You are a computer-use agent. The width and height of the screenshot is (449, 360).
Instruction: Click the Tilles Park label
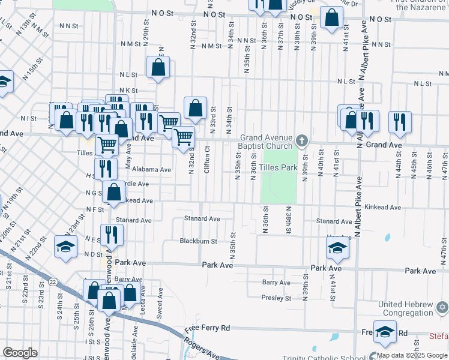pos(279,167)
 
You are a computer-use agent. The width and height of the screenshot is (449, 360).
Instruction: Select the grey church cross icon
pos(302,142)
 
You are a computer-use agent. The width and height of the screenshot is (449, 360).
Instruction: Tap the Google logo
pos(20,352)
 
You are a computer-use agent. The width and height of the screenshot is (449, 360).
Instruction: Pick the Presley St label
pos(276,298)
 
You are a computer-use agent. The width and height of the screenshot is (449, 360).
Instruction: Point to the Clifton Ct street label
pos(207,160)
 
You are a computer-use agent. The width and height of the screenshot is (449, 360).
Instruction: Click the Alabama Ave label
pos(152,170)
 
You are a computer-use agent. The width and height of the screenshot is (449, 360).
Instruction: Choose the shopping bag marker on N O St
pos(332,18)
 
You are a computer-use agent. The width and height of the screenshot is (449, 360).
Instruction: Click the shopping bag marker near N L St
pos(158,68)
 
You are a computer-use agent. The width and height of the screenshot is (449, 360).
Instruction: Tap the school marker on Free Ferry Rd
pos(385,332)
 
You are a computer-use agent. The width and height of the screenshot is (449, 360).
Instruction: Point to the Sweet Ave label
pos(160,309)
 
